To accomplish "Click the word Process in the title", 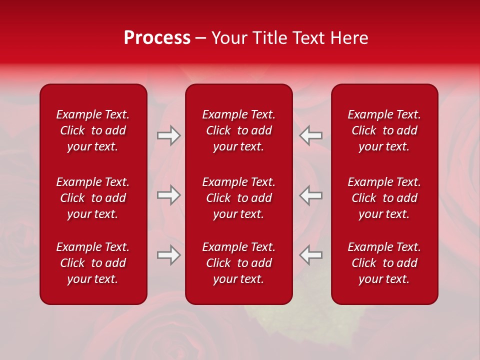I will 157,38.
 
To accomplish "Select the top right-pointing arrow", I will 168,135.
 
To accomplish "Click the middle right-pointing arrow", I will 168,195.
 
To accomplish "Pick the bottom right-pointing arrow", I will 168,255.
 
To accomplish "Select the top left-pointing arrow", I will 311,135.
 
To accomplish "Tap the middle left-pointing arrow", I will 311,195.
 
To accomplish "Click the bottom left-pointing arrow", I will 311,255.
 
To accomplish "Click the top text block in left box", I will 93,130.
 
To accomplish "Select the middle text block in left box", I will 93,198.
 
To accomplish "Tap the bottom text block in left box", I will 93,263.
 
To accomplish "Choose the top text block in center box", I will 239,130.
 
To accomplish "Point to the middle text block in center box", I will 239,198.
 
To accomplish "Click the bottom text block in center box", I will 239,263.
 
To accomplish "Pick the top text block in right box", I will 384,130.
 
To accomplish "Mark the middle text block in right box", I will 384,198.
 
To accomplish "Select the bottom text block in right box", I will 384,263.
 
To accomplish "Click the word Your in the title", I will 229,38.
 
